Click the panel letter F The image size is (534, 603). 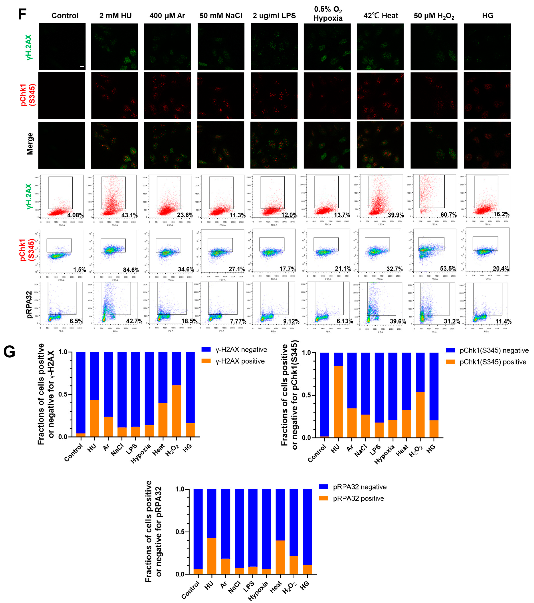[x=22, y=14]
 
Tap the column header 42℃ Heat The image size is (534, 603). [x=381, y=16]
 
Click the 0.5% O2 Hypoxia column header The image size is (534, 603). [x=328, y=14]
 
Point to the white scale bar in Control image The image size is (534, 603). [x=82, y=66]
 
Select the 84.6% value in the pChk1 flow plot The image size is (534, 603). [x=131, y=270]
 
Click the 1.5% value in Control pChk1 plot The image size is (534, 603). [x=80, y=270]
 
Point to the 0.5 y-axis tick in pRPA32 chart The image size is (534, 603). [x=180, y=532]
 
